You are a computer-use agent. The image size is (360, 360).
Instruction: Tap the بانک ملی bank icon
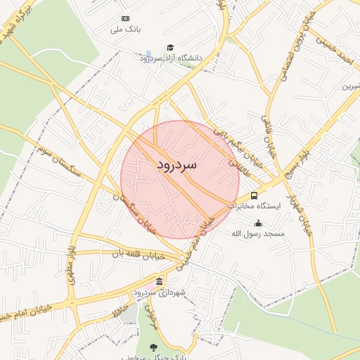click(x=125, y=18)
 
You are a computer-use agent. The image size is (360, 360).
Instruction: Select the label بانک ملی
click(x=127, y=30)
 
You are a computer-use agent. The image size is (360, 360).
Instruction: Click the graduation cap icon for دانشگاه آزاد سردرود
click(x=169, y=48)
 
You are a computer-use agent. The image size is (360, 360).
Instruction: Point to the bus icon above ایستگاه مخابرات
click(x=254, y=195)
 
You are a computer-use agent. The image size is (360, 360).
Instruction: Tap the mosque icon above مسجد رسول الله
click(x=257, y=224)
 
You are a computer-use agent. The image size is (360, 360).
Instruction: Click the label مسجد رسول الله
click(x=260, y=233)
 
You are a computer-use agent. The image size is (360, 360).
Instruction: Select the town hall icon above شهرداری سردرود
click(x=159, y=281)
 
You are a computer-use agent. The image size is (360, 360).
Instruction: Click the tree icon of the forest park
click(x=154, y=346)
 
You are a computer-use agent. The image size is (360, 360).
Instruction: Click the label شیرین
click(x=349, y=87)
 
